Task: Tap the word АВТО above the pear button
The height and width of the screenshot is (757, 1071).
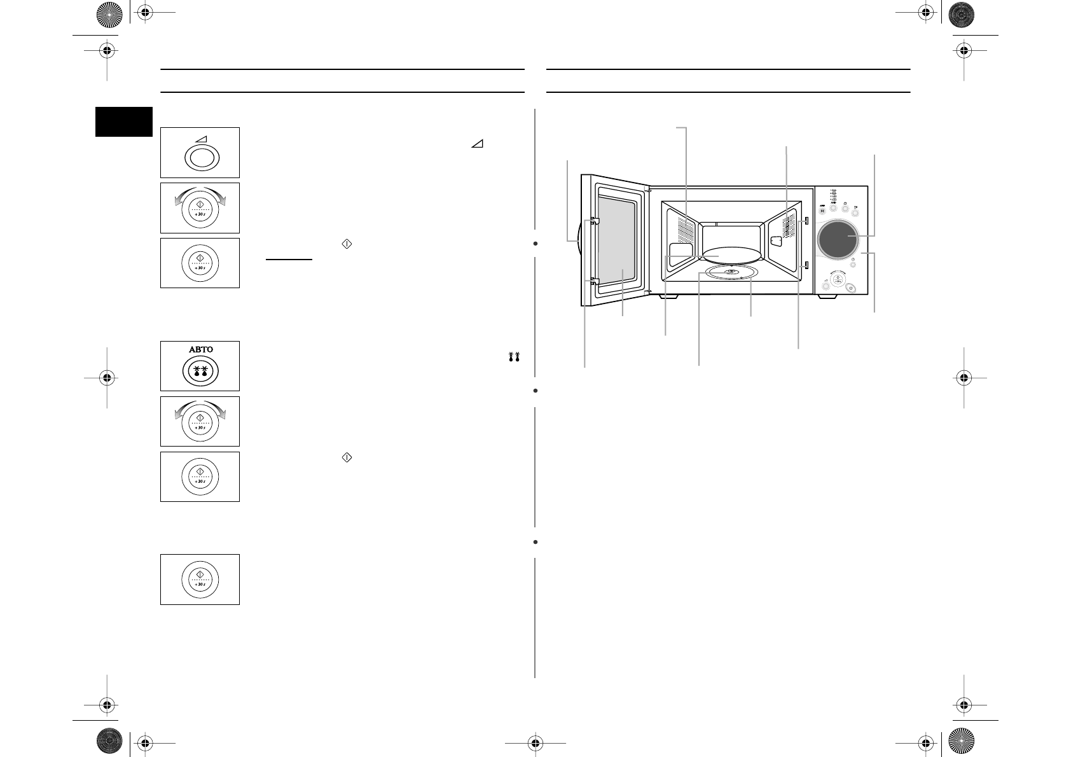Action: [x=200, y=349]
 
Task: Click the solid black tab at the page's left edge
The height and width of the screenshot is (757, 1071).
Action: [x=124, y=122]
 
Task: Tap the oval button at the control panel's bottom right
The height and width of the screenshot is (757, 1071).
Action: [x=852, y=288]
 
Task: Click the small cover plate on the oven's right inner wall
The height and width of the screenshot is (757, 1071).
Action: [x=776, y=241]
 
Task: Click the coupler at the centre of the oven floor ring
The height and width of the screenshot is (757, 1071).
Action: [x=731, y=273]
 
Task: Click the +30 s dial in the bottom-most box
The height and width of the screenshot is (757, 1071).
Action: [x=200, y=580]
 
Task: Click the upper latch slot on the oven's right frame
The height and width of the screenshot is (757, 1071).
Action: [x=806, y=221]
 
